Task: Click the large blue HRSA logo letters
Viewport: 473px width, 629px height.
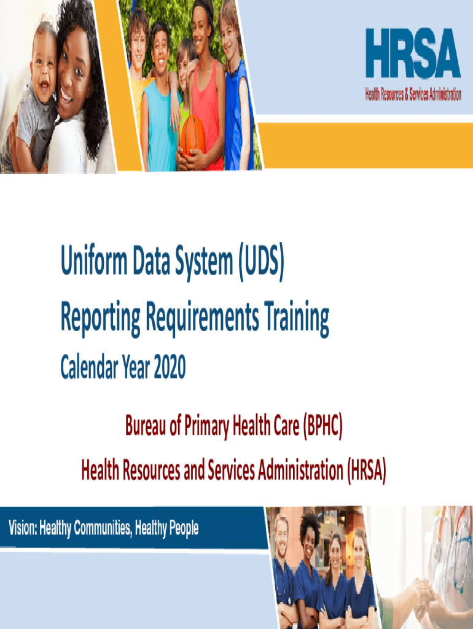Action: (413, 53)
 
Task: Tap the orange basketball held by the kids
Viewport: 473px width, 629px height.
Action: (192, 136)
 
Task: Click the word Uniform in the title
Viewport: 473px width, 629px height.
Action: (94, 260)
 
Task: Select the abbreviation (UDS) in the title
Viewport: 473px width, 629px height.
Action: (262, 262)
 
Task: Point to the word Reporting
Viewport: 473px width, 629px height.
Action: (100, 318)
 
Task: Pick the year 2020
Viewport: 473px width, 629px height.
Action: (170, 367)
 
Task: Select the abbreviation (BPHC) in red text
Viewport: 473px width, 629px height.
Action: (323, 426)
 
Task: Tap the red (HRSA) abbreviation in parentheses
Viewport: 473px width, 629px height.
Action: (367, 470)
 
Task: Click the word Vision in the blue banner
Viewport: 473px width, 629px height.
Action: (23, 528)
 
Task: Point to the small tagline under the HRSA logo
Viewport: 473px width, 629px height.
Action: (413, 94)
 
